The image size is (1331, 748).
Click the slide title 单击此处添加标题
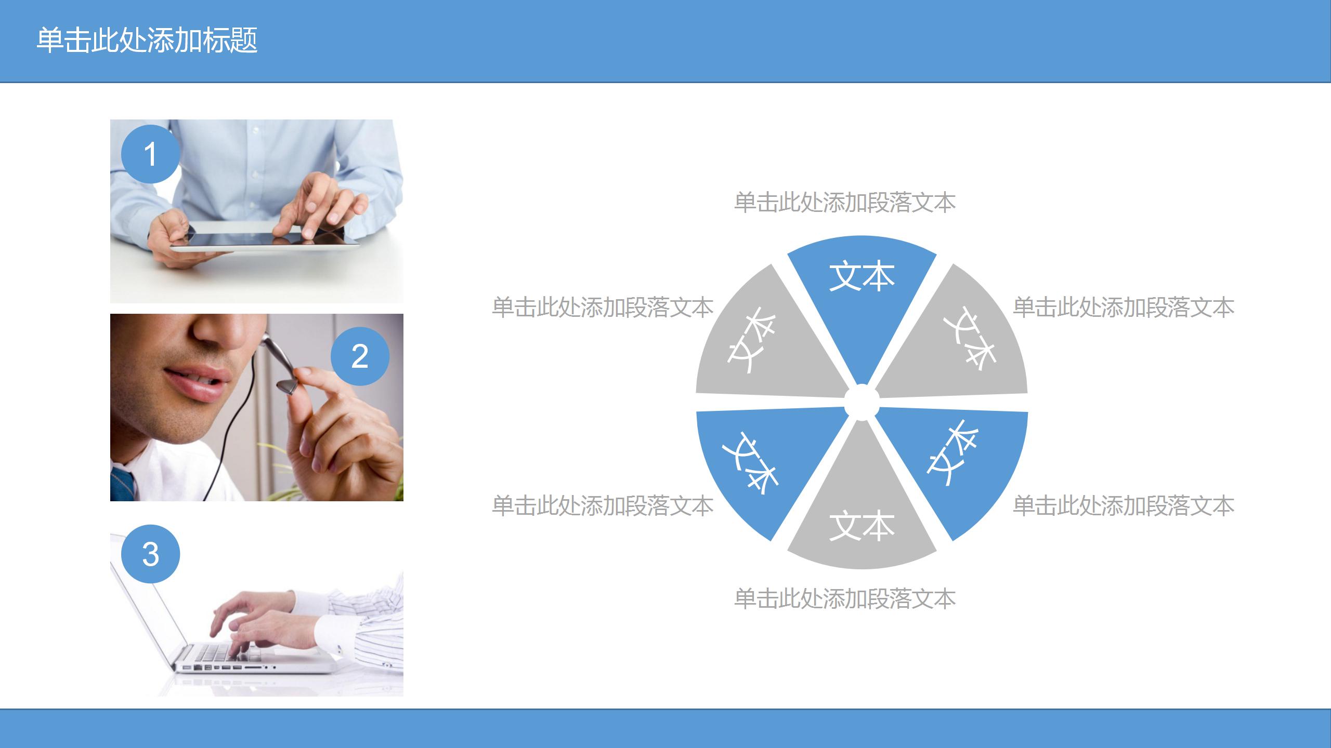(147, 41)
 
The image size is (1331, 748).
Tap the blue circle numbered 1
(150, 154)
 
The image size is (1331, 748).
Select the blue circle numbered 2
(360, 356)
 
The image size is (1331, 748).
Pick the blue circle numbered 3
(150, 554)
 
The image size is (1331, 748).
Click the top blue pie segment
(862, 291)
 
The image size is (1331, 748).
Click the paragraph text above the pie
(844, 203)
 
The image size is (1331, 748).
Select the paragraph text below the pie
(844, 599)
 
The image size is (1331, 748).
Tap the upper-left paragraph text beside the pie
(603, 308)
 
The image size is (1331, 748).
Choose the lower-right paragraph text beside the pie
(1124, 506)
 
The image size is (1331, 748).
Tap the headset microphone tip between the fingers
(288, 387)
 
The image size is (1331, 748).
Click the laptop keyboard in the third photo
(229, 652)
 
